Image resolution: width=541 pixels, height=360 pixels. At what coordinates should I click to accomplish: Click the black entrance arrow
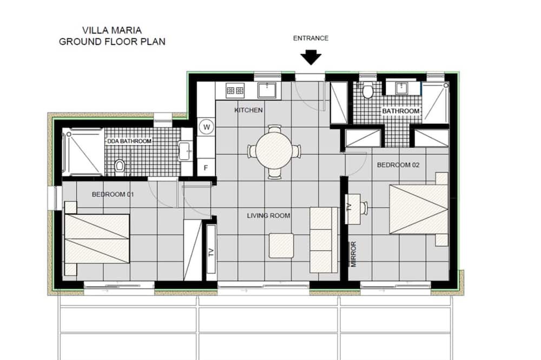pos(311,57)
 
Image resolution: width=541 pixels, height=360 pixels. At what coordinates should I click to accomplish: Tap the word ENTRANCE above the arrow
pos(311,38)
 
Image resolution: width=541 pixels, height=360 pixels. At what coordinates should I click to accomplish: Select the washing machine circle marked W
pos(207,127)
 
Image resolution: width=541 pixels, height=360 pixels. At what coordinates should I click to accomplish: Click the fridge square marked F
pos(206,168)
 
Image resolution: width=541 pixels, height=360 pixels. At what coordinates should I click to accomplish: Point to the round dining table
pos(274,151)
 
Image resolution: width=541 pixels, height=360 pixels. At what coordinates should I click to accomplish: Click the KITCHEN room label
pos(248,110)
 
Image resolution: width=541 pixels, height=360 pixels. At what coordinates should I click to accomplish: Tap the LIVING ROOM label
pos(268,216)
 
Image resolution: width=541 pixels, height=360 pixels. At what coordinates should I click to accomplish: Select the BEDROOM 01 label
pos(113,195)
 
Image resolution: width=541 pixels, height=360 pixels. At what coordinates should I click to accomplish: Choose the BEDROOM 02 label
pos(398,165)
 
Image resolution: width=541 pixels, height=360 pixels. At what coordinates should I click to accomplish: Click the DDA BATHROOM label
pos(129,142)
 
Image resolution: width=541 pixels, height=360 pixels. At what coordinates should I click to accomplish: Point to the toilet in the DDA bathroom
pos(120,165)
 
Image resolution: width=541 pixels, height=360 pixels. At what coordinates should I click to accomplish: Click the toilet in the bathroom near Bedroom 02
pos(368,91)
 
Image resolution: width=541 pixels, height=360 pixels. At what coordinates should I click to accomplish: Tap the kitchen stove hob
pos(235,91)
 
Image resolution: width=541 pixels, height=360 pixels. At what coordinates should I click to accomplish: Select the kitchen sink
pos(267,90)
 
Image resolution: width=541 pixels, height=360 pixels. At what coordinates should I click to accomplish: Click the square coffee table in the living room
pos(281,245)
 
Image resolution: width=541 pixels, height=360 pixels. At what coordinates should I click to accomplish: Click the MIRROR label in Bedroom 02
pos(353,254)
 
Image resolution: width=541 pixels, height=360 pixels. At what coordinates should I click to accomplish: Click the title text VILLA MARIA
pos(112,30)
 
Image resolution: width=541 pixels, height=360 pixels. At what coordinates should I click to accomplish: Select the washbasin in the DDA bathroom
pos(185,151)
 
